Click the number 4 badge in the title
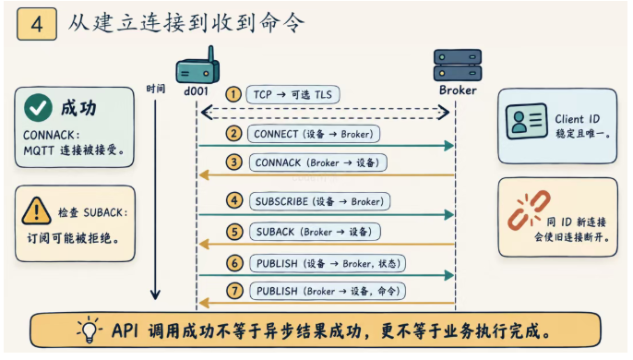tap(37, 24)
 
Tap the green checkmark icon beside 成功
tap(38, 108)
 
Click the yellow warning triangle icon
tap(36, 210)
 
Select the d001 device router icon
tap(197, 66)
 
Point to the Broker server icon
tap(458, 66)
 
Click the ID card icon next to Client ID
tap(526, 121)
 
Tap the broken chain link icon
tap(529, 210)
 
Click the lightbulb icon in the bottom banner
tap(90, 330)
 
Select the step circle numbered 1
tap(233, 94)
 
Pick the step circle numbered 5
tap(234, 233)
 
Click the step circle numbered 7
tap(235, 291)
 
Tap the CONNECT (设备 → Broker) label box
tap(314, 134)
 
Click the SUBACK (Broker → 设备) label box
tap(315, 232)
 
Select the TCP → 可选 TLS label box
tap(293, 94)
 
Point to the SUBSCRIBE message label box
tap(319, 201)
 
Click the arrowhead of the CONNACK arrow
tap(204, 175)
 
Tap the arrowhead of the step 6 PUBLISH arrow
tap(448, 276)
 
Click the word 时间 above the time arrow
tap(155, 89)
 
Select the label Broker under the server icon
tap(458, 90)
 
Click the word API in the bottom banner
tap(125, 330)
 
